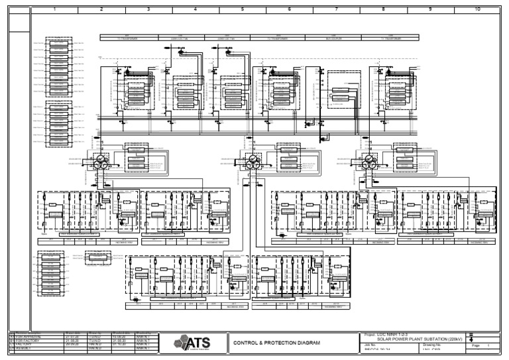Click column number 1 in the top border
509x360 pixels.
click(x=54, y=10)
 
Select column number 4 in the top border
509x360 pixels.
click(x=195, y=10)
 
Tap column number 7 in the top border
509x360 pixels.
click(x=336, y=10)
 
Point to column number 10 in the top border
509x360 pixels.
click(x=477, y=10)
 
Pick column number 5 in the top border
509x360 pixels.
click(x=242, y=10)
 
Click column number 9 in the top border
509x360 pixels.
click(x=430, y=10)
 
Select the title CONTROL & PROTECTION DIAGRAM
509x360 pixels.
click(x=277, y=343)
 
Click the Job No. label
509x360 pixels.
click(x=370, y=345)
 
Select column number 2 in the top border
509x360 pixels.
click(x=101, y=10)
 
